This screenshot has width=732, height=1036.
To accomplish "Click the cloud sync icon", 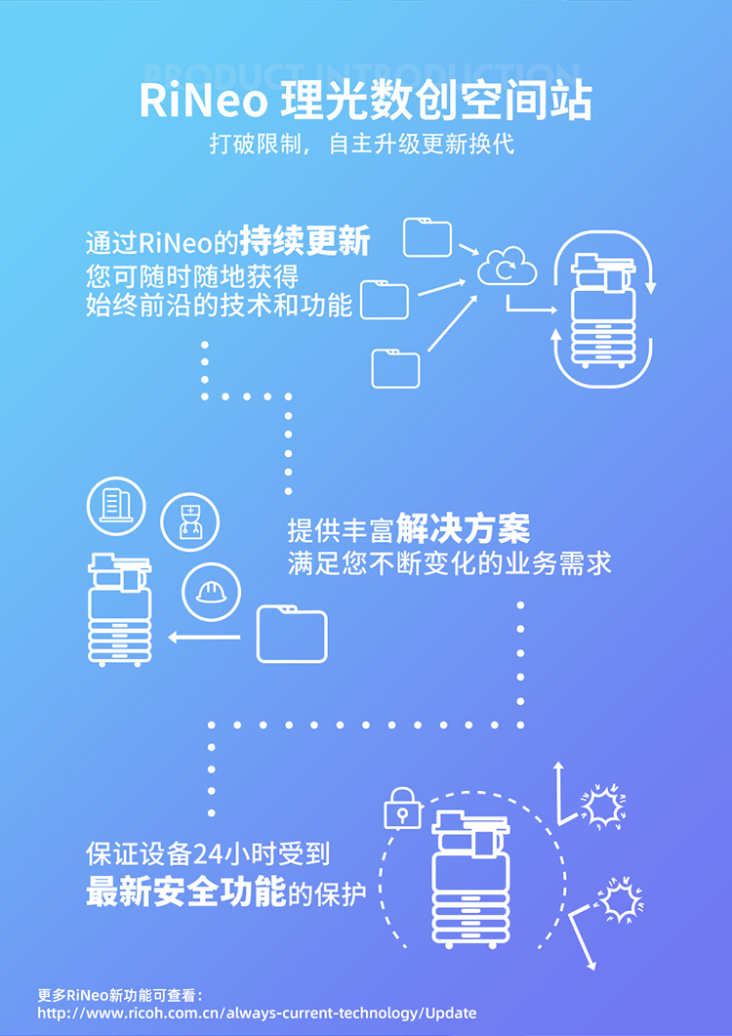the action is (508, 266).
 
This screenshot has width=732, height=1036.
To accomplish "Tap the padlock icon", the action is (403, 808).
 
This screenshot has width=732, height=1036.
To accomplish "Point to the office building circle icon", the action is (117, 505).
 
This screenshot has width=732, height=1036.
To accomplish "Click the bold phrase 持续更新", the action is (305, 242).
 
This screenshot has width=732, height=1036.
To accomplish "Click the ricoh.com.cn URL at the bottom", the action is (257, 1013).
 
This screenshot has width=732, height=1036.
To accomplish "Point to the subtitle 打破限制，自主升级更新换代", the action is (362, 145).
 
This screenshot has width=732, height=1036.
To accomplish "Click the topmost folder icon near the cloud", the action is (427, 236).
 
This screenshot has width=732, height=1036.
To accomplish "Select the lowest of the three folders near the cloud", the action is (395, 368).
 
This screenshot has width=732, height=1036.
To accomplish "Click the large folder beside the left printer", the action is (292, 634).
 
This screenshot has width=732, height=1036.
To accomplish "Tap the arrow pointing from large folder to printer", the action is (204, 638).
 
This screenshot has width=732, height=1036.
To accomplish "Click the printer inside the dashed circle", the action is (470, 878).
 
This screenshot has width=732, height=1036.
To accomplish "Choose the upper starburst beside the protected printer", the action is (603, 806).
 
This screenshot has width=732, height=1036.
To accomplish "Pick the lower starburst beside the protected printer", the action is (621, 899).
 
